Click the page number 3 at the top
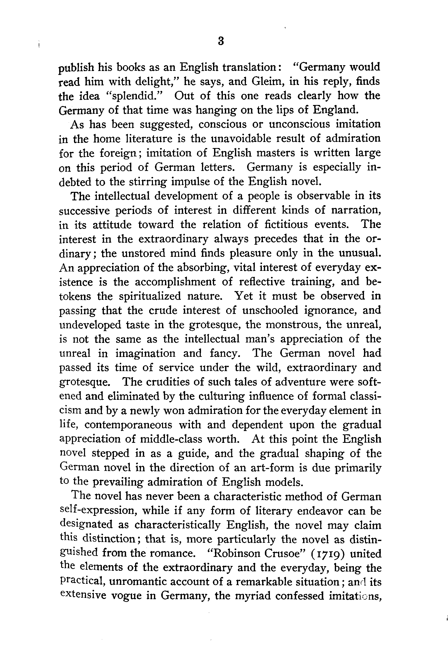[221, 41]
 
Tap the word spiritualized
[150, 296]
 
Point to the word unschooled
[270, 310]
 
